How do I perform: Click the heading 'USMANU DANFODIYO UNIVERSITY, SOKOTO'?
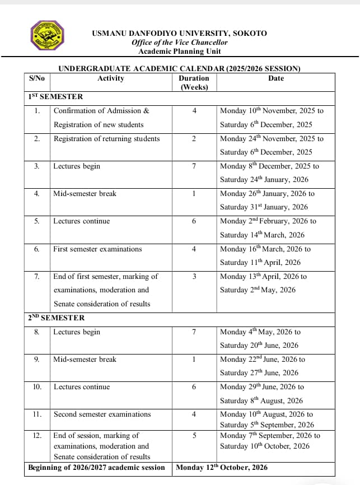(179, 33)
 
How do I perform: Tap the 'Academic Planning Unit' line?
(179, 51)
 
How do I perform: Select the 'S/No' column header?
(37, 78)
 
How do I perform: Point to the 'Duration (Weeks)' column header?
(194, 82)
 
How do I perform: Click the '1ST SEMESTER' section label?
(55, 97)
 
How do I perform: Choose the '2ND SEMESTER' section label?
(57, 318)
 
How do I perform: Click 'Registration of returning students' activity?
(106, 138)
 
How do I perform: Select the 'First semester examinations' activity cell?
(97, 249)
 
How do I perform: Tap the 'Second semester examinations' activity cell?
(102, 414)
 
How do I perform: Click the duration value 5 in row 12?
(194, 435)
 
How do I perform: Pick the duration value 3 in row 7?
(194, 276)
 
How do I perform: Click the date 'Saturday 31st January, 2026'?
(264, 207)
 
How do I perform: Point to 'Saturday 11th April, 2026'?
(260, 262)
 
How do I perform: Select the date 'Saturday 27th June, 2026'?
(259, 373)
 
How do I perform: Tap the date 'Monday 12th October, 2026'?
(222, 467)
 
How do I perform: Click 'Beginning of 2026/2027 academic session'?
(97, 467)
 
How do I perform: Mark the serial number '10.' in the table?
(37, 387)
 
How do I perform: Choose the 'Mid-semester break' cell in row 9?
(85, 359)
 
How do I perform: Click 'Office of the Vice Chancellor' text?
(179, 42)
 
